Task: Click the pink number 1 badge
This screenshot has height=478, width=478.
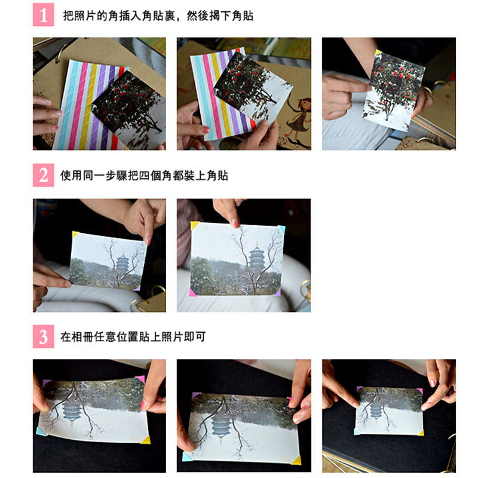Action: pos(43,14)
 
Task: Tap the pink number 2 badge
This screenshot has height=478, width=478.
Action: pos(43,175)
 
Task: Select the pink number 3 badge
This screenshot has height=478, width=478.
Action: pos(43,336)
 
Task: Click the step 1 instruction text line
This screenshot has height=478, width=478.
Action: pos(158,16)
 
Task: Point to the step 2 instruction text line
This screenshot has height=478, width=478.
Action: pos(144,176)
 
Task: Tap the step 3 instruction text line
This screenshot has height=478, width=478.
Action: pos(133,336)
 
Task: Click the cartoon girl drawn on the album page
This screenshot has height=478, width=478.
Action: pos(298,117)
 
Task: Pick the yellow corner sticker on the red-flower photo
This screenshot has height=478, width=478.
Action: pos(378,53)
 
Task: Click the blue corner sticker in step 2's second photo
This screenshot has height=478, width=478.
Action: pos(281,229)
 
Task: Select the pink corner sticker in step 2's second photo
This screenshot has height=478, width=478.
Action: pos(192,293)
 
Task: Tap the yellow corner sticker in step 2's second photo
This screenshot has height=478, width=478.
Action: pos(194,226)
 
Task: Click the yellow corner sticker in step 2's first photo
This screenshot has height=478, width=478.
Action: pos(75,234)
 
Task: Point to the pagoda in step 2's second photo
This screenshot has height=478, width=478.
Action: pos(257,257)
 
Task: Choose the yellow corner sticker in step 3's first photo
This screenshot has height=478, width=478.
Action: pos(146,440)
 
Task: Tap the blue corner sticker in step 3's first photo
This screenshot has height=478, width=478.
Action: pos(41,431)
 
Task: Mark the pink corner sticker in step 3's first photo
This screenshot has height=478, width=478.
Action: pos(140,379)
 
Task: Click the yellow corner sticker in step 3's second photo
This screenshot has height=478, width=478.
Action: pos(296,460)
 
